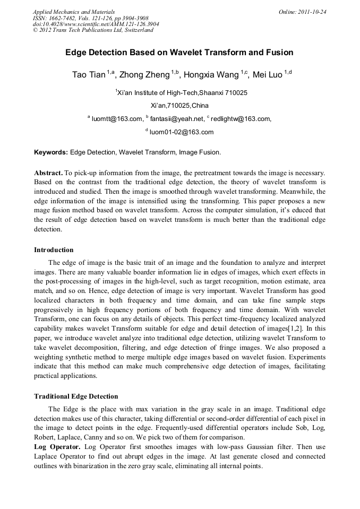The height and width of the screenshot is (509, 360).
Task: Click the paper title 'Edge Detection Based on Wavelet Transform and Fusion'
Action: [x=179, y=53]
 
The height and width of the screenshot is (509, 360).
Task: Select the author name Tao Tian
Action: [x=89, y=75]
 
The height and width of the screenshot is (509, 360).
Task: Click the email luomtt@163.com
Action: [x=117, y=119]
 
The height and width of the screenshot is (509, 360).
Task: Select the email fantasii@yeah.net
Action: [x=177, y=119]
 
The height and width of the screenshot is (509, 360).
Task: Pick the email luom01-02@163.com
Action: [x=181, y=132]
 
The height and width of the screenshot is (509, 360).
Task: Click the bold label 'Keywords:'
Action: [x=51, y=152]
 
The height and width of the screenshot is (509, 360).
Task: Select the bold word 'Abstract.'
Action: [x=48, y=173]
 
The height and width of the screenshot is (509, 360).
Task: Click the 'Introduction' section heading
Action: [x=54, y=249]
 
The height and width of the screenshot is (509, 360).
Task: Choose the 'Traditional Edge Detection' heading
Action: [x=76, y=396]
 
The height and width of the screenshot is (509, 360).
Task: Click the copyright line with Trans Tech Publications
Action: [x=93, y=30]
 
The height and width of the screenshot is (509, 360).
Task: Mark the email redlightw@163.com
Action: [x=240, y=119]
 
